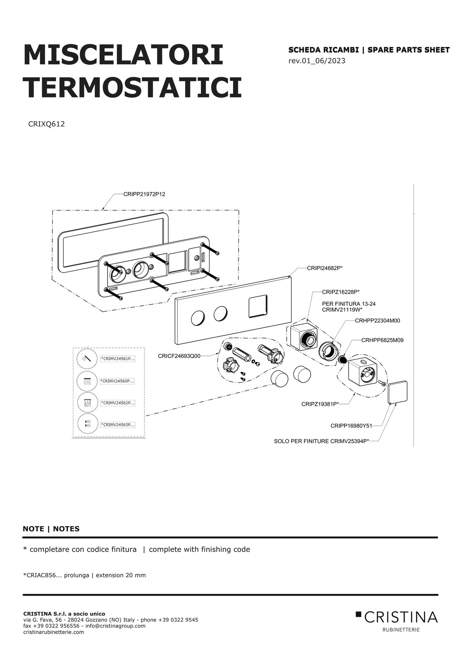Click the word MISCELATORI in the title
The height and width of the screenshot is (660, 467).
(x=123, y=55)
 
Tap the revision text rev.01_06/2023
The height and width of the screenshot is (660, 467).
(x=317, y=61)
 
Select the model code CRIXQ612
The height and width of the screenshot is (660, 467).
(x=46, y=124)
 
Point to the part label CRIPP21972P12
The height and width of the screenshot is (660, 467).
(x=144, y=194)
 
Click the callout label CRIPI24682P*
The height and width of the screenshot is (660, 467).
(x=325, y=269)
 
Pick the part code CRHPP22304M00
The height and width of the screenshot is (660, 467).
(x=377, y=321)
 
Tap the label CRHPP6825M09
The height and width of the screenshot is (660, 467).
(x=382, y=340)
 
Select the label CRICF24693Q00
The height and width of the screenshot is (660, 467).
(x=179, y=356)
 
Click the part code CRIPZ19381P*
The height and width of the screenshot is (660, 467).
(x=320, y=404)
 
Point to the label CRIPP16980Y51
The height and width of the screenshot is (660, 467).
(x=351, y=426)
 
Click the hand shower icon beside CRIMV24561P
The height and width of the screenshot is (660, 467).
(x=87, y=358)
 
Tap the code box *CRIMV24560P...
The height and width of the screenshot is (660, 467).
(x=117, y=381)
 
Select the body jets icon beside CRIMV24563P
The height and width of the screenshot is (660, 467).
(x=87, y=424)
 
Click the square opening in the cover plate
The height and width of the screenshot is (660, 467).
(x=258, y=306)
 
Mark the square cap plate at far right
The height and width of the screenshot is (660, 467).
(x=398, y=392)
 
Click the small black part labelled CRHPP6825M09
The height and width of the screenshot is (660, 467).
(x=343, y=359)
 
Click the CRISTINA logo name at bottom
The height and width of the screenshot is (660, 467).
(x=400, y=617)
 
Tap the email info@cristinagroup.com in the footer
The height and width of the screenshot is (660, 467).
(x=115, y=626)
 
